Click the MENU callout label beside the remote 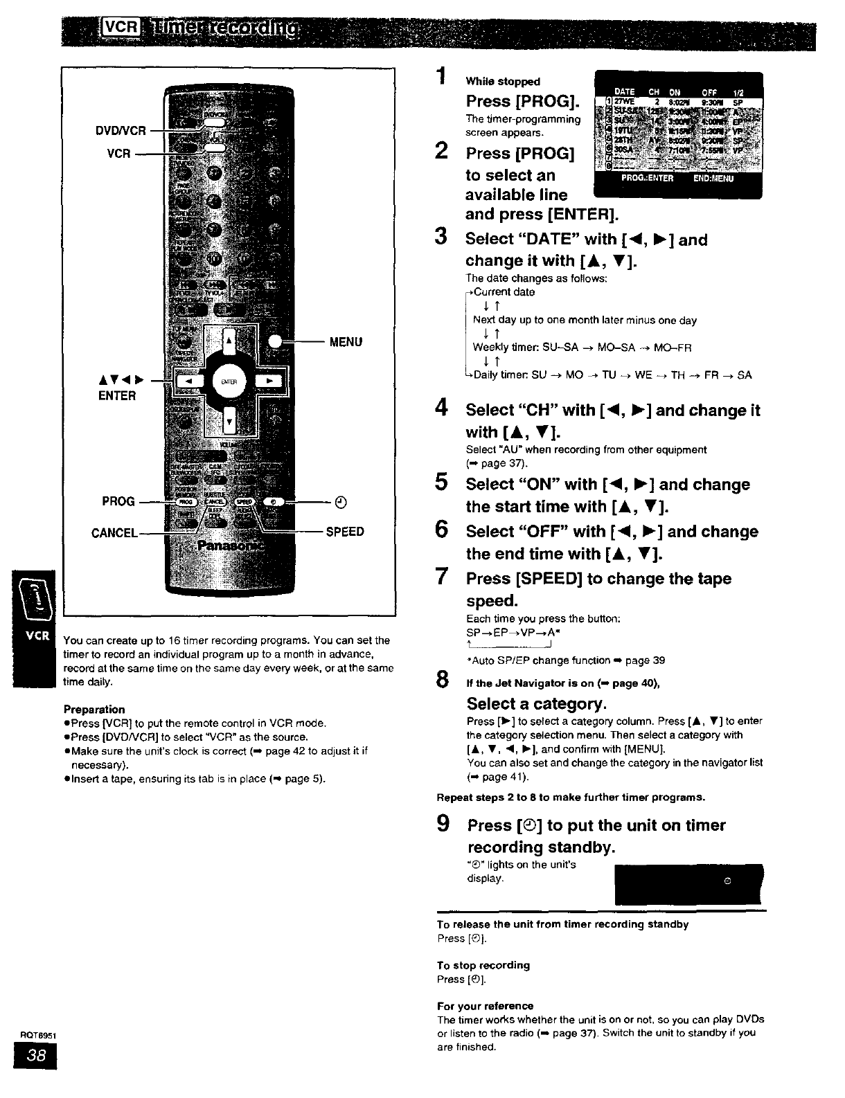coord(346,341)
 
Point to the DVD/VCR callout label coord(122,130)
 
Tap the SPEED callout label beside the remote coord(345,532)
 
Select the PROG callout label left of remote coord(118,501)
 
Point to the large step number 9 coord(443,824)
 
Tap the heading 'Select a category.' coord(537,704)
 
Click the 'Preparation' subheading coord(94,709)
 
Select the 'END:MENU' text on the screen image coord(713,177)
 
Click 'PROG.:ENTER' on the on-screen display coord(647,177)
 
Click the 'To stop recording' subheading coord(483,965)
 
